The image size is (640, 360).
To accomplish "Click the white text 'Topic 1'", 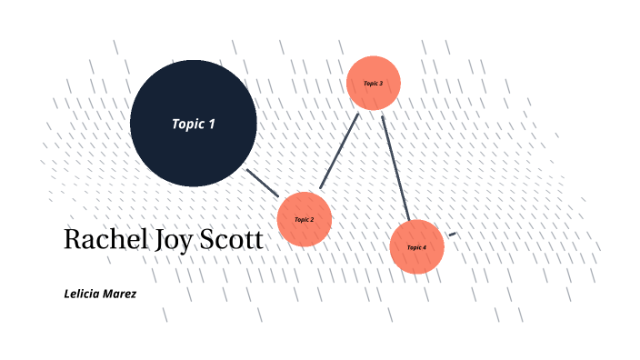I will point(193,124).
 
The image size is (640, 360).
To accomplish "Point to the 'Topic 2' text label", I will point(304,219).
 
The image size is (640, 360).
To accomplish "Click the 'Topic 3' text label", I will point(374,83).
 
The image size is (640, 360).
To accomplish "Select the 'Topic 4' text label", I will point(416,247).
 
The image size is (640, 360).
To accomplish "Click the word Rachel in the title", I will point(101,240).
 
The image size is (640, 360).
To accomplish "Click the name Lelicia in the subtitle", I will point(83,294).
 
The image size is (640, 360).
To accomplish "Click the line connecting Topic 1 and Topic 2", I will point(264,183).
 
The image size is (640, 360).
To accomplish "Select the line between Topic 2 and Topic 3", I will point(340,151).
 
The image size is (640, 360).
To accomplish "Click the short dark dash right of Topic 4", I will point(452,235).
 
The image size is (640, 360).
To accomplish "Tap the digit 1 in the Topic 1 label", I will point(212,124).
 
